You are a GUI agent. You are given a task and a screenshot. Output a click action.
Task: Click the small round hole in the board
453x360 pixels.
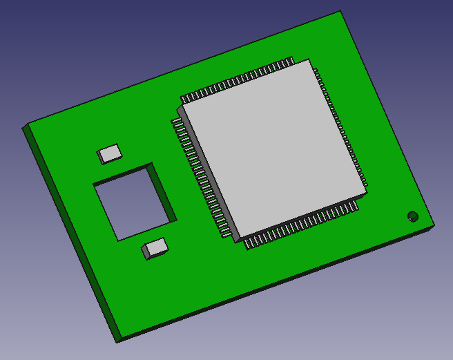click(412, 216)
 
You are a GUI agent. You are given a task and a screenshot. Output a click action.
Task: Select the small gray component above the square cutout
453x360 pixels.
click(109, 153)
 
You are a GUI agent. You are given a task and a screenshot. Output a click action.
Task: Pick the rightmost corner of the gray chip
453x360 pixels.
click(367, 188)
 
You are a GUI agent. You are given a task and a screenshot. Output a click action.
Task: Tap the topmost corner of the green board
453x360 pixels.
click(341, 12)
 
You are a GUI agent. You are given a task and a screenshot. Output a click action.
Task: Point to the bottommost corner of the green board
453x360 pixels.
click(116, 342)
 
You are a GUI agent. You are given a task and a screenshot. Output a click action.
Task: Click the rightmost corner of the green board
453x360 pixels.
click(436, 224)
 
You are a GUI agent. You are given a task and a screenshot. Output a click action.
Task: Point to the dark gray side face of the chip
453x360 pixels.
click(207, 173)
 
